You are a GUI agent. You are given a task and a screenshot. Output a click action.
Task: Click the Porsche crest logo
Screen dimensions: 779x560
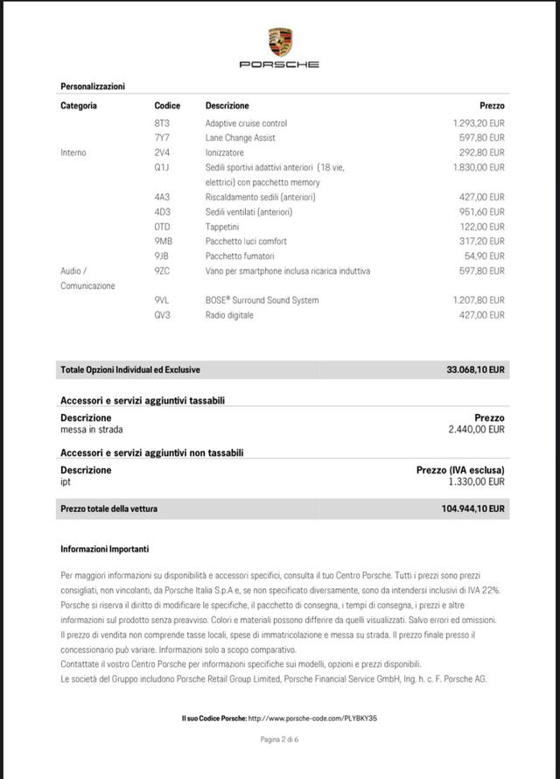tap(280, 42)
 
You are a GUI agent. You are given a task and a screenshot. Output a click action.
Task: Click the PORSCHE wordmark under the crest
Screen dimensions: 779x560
tap(280, 64)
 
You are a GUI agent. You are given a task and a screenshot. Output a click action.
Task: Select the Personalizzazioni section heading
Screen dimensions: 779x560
tap(93, 86)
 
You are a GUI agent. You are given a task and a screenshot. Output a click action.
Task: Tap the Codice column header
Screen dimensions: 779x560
tap(167, 106)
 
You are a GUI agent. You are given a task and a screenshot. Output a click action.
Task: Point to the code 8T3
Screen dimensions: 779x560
tap(162, 123)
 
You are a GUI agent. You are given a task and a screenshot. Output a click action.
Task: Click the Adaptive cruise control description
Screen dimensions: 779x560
tap(246, 123)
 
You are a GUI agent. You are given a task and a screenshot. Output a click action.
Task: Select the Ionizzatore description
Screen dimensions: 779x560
tap(225, 152)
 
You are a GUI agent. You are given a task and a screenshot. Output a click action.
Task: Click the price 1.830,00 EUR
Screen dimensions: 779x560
tap(479, 167)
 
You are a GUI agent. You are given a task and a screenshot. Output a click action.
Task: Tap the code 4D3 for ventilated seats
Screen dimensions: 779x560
tap(162, 212)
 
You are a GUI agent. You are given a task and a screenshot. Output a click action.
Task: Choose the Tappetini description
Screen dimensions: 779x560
tap(223, 227)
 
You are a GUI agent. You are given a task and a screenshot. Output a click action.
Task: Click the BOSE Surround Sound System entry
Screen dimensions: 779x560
tap(262, 300)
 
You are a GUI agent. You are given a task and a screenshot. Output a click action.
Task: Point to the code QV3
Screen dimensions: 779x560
tap(162, 315)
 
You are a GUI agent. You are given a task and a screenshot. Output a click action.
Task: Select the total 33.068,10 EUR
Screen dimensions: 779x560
tap(475, 370)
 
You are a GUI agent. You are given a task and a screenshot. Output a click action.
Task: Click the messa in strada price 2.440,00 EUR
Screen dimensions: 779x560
tap(476, 430)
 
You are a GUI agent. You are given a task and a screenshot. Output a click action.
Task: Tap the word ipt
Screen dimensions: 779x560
tap(66, 481)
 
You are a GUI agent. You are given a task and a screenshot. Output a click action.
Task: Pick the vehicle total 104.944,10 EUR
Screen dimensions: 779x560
tap(473, 509)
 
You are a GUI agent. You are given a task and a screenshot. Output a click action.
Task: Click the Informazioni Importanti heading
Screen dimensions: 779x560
tap(105, 549)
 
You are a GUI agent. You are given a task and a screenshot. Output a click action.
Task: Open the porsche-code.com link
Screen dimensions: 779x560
tap(312, 718)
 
